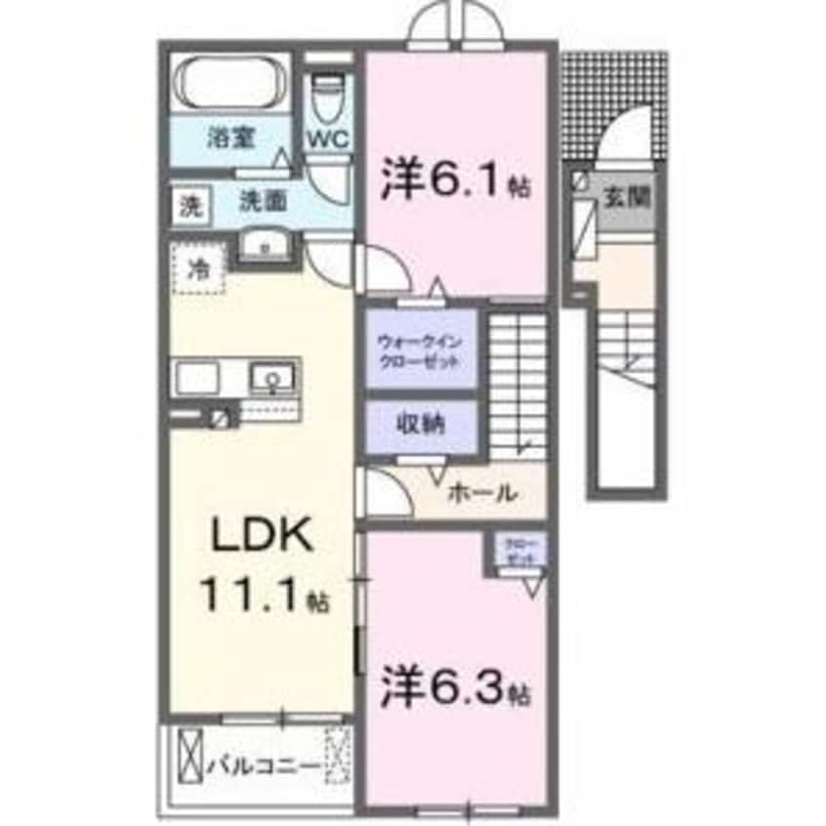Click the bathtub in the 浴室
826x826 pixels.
[230, 83]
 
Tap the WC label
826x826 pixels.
[329, 139]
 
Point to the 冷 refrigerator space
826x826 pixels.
[198, 268]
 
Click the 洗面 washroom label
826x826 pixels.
[263, 202]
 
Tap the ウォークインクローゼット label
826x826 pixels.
[419, 350]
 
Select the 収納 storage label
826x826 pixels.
[421, 425]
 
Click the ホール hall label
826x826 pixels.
[481, 494]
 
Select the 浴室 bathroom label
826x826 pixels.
[230, 138]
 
